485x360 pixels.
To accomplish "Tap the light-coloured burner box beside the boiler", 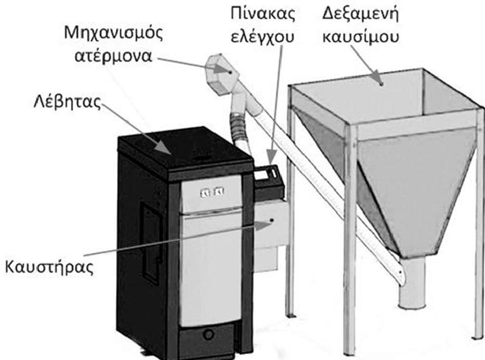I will click(269, 226).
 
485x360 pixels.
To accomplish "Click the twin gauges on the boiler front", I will click(211, 191).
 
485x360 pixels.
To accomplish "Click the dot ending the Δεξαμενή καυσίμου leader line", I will click(381, 83).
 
